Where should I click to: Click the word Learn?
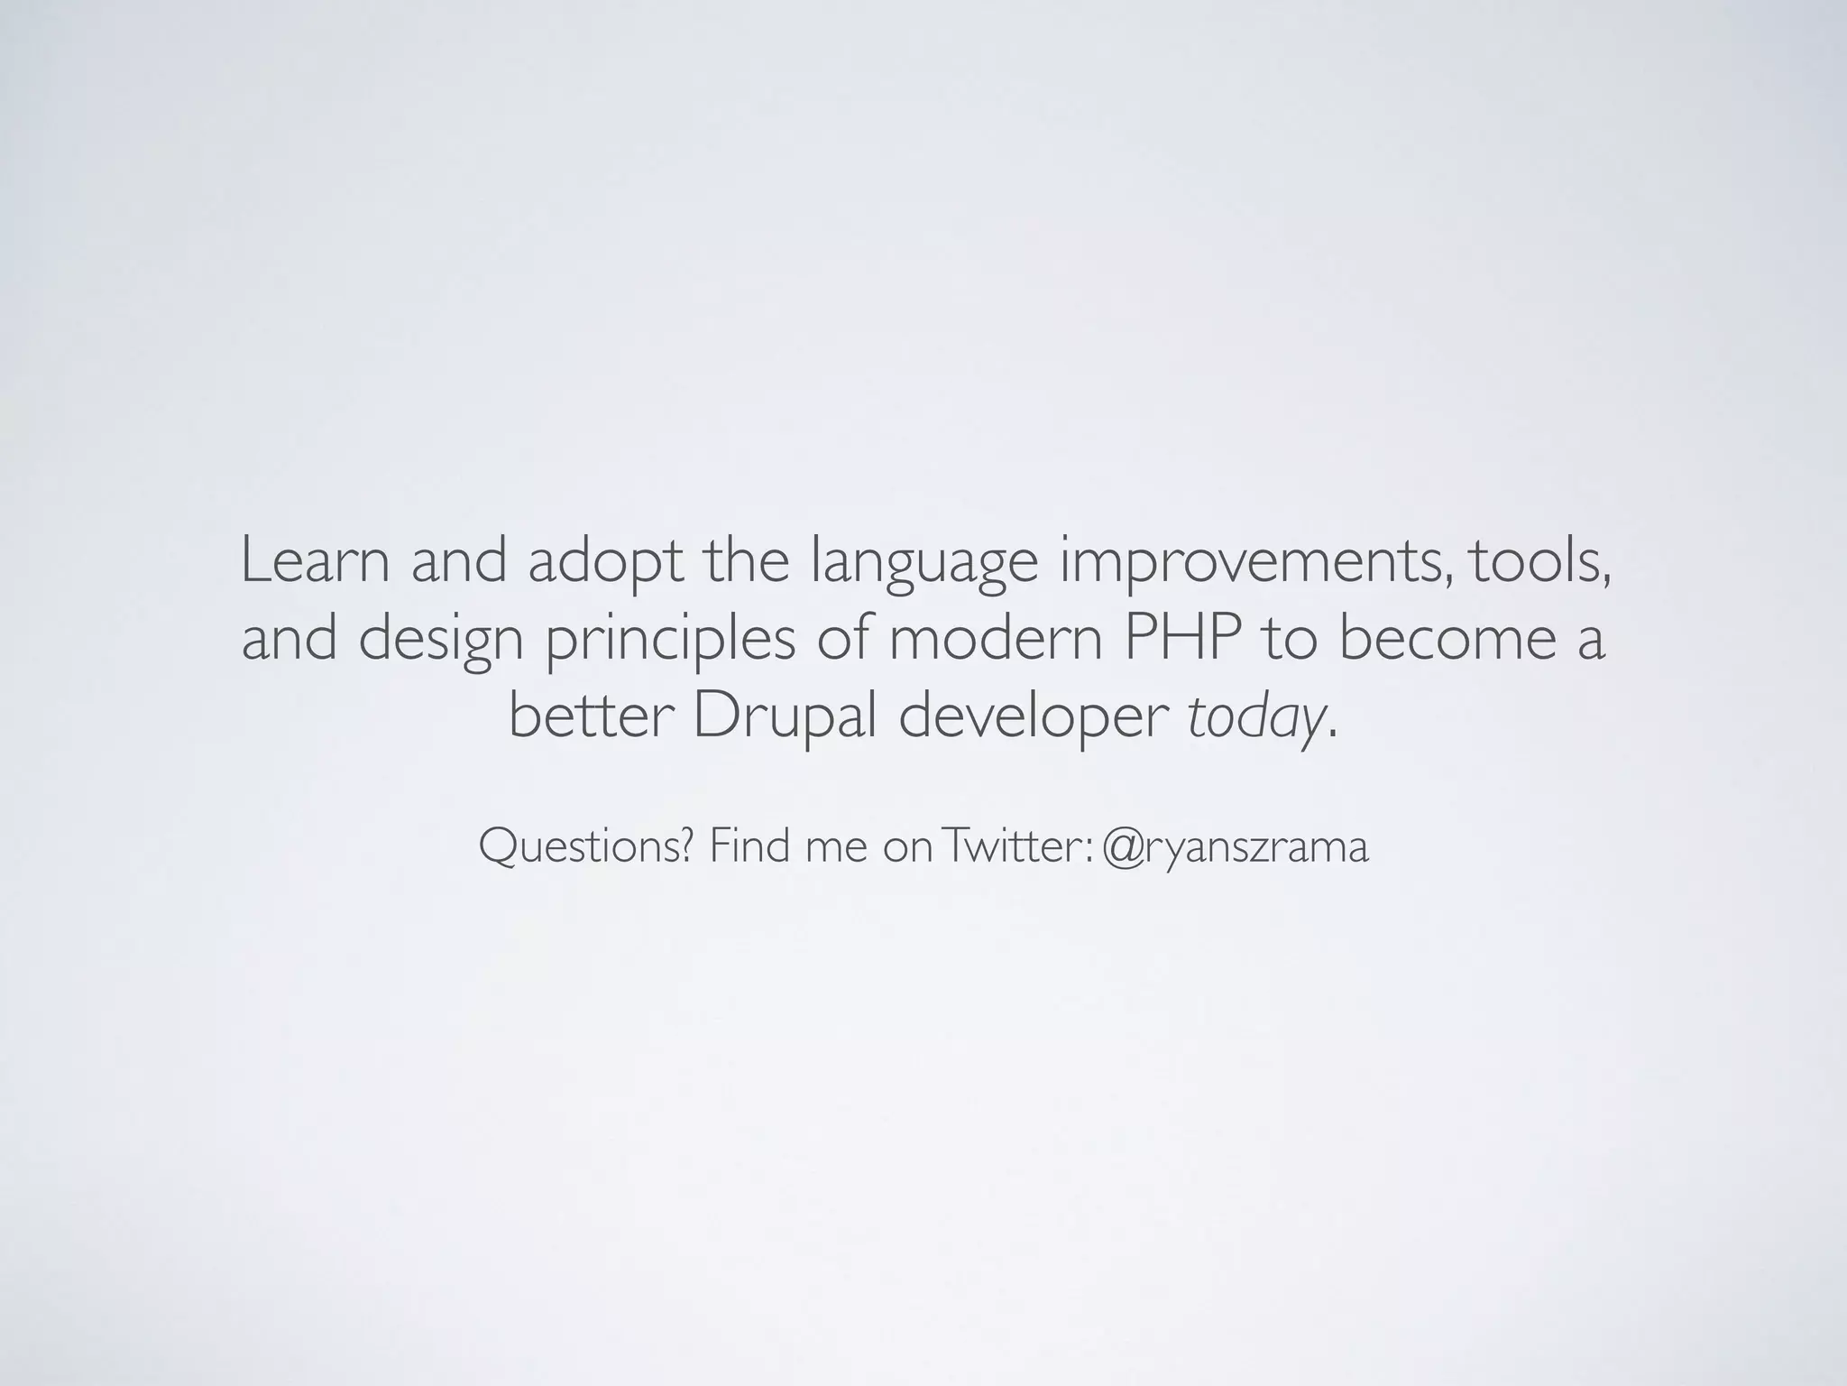tap(316, 560)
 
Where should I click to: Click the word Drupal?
tap(784, 717)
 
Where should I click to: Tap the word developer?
tap(1032, 717)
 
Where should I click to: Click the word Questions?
tap(585, 847)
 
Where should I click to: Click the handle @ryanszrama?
tap(1235, 847)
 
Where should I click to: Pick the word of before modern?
tap(845, 638)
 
